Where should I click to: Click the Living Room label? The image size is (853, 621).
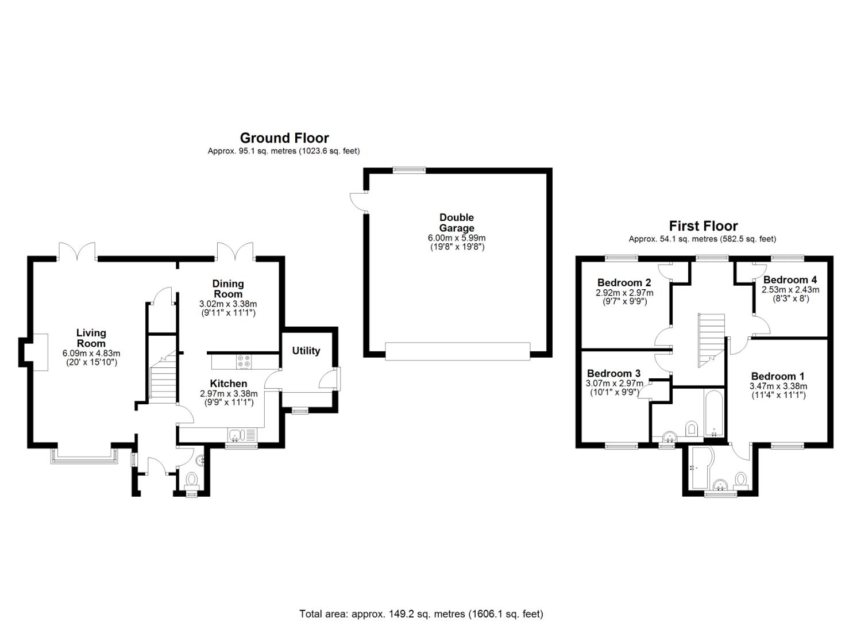click(x=91, y=338)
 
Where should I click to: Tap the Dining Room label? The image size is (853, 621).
click(x=227, y=289)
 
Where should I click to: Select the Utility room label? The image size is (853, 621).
click(x=306, y=351)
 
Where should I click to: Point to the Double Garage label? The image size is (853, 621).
click(x=457, y=223)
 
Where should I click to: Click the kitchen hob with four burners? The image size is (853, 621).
click(x=244, y=362)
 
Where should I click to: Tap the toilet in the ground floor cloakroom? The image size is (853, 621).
click(x=191, y=481)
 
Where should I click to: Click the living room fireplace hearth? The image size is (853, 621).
click(x=40, y=352)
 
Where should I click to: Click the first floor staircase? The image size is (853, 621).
click(x=711, y=340)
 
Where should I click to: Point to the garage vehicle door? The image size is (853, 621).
click(x=457, y=351)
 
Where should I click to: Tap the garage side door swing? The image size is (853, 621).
click(x=357, y=201)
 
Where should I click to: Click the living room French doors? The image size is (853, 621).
click(x=77, y=251)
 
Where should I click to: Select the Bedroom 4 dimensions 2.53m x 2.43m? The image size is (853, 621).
click(x=790, y=290)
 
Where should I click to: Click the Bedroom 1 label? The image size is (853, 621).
click(x=778, y=376)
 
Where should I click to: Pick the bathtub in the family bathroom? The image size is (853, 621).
click(x=713, y=413)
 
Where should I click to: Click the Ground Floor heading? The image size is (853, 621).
click(x=284, y=137)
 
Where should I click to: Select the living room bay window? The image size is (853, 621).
click(x=84, y=456)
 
